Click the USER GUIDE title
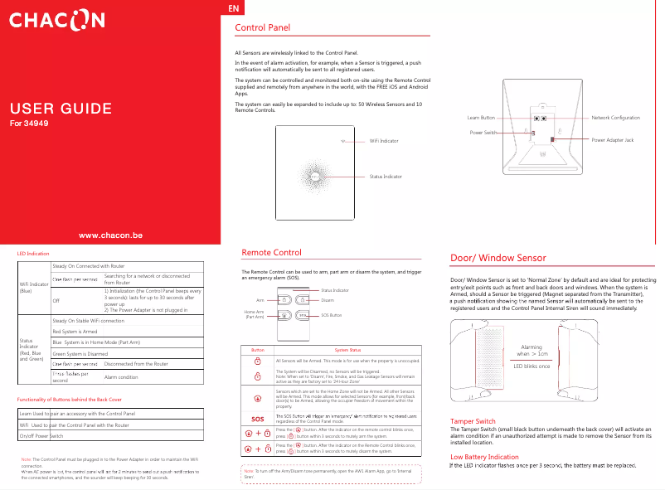point(61,109)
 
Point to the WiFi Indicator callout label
point(386,142)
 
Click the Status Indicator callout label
point(386,177)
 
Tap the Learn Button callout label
point(481,119)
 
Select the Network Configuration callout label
point(615,119)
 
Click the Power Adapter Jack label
point(613,141)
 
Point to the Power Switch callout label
point(483,133)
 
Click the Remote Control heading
point(271,253)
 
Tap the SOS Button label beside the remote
point(331,316)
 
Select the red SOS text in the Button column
point(258,418)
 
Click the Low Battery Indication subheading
point(484,457)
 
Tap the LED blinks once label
point(532,366)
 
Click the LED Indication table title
point(33,252)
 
